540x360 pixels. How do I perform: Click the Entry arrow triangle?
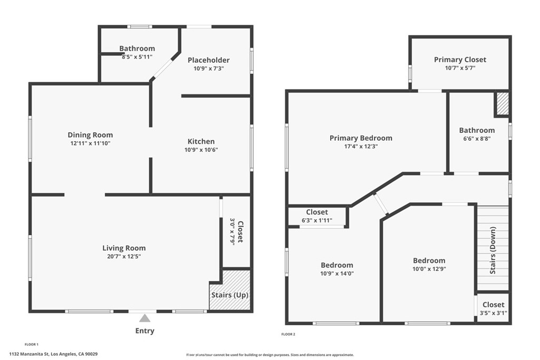point(145,318)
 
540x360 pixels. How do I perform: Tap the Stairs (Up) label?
point(229,295)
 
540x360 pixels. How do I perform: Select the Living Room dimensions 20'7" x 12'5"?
point(124,257)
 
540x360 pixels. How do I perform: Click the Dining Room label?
point(90,135)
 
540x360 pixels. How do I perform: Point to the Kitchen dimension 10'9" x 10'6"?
point(201,150)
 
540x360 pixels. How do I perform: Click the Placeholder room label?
point(209,60)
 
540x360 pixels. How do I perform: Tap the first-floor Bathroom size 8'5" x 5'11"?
point(137,57)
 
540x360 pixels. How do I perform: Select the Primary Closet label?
point(460,60)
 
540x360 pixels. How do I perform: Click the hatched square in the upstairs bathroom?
point(502,103)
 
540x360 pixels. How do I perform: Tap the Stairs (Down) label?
point(493,250)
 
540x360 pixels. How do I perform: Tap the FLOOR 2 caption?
point(288,334)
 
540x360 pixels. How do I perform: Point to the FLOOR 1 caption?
point(32,344)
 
